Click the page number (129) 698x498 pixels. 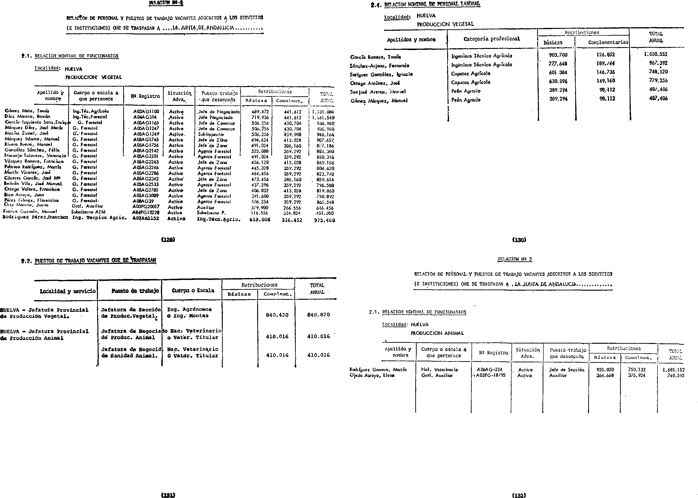pyautogui.click(x=168, y=240)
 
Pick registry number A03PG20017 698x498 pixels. pyautogui.click(x=146, y=207)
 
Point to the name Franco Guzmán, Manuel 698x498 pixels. pyautogui.click(x=30, y=211)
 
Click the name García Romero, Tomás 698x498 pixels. pyautogui.click(x=375, y=57)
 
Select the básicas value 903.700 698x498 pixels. pyautogui.click(x=558, y=55)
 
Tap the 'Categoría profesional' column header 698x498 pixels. pyautogui.click(x=492, y=39)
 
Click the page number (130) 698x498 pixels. pyautogui.click(x=519, y=240)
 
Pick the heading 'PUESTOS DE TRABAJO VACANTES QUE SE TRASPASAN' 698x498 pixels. pyautogui.click(x=95, y=261)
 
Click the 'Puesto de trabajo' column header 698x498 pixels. pyautogui.click(x=135, y=291)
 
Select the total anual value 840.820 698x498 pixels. pyautogui.click(x=318, y=315)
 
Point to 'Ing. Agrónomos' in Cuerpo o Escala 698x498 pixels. pyautogui.click(x=189, y=309)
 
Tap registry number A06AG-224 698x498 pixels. pyautogui.click(x=489, y=370)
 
